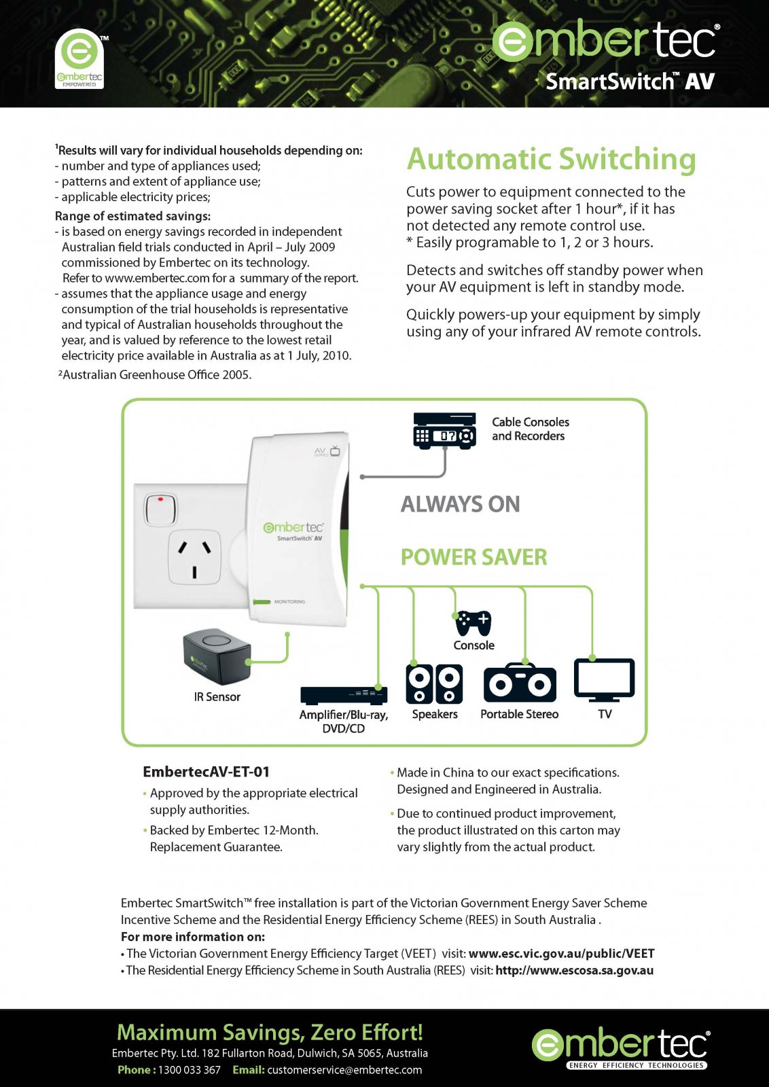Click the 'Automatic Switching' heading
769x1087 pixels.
551,159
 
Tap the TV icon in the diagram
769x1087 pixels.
604,680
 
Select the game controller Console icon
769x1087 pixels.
473,623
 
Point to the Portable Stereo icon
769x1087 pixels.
520,682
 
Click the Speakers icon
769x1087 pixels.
434,683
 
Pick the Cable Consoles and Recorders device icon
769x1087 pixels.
444,429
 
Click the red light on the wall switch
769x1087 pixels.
161,499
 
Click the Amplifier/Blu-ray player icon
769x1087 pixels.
344,696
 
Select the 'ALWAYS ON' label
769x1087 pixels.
460,504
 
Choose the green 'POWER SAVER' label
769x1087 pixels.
473,557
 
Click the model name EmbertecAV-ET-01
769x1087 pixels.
207,772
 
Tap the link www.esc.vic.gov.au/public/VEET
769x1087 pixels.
561,954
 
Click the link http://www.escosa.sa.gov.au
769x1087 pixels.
575,971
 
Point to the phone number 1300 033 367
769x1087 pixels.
190,1069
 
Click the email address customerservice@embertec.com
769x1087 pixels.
344,1069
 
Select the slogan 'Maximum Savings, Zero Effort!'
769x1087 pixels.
270,1032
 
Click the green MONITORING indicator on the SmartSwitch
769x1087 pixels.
262,602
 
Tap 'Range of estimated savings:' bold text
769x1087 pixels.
132,216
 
